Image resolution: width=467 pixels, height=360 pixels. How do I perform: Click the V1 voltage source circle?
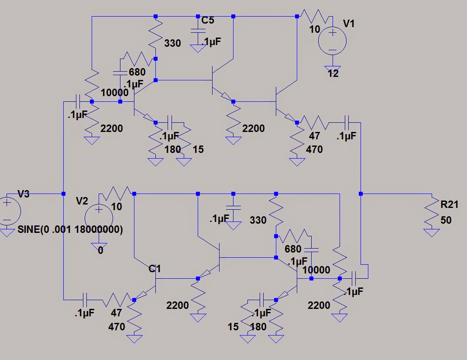[332, 41]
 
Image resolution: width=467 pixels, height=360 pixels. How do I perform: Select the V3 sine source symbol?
[8, 211]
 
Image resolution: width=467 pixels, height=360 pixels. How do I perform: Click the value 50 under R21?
[445, 220]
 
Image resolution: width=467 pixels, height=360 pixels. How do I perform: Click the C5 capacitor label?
[208, 20]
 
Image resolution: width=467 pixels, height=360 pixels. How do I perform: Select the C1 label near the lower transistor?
[155, 269]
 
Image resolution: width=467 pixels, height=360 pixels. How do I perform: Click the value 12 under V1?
[333, 73]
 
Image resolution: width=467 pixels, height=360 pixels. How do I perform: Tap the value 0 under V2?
[100, 251]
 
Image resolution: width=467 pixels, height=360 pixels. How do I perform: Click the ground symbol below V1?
[332, 64]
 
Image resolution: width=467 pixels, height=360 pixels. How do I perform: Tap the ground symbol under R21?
[432, 232]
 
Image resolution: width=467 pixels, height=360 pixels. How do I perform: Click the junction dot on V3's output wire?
[63, 193]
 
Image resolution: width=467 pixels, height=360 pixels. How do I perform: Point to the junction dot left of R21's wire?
[361, 193]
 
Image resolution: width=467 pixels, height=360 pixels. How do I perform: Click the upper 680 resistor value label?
[137, 72]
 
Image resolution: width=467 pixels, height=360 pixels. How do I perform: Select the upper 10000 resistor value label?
[114, 93]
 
